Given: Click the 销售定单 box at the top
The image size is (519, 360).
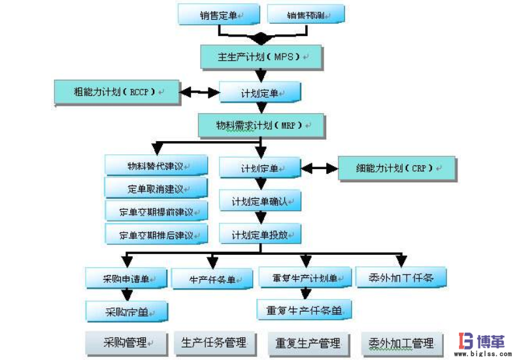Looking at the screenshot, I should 219,14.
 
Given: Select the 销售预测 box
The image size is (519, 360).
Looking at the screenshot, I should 306,14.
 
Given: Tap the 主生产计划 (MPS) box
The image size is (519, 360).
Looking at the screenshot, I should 262,57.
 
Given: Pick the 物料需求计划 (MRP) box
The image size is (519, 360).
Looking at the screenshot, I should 261,125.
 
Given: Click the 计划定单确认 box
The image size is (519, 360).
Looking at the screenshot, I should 259,201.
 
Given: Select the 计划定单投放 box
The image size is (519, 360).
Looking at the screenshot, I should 259,233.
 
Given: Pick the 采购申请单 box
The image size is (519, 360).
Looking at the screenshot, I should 126,278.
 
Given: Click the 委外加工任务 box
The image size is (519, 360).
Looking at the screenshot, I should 401,277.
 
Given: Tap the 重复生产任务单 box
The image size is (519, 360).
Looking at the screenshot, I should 305,310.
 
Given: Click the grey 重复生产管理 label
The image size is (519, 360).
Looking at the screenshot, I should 308,342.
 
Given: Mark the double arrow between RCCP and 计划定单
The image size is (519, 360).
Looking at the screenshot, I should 199,92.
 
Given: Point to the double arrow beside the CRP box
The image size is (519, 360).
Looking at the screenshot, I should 319,168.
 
